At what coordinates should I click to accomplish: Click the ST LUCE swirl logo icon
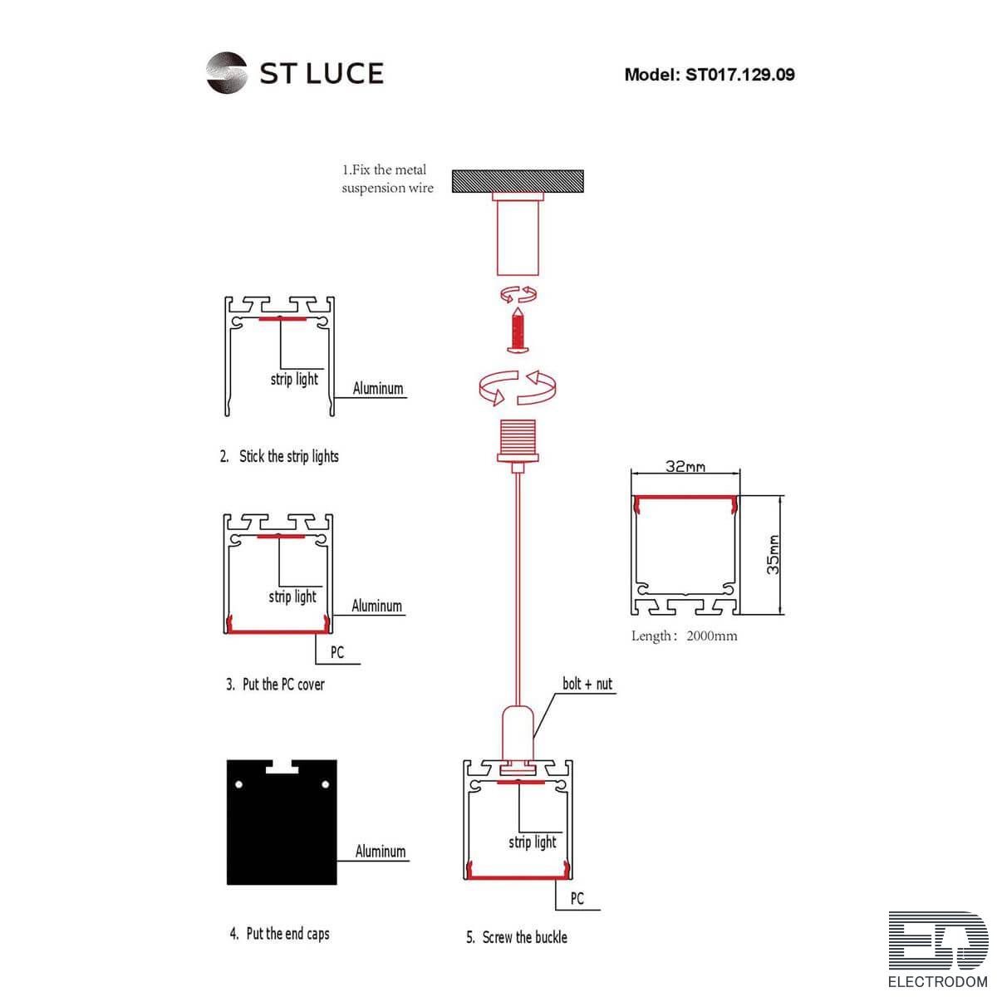(226, 73)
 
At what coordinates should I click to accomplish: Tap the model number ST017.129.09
(740, 75)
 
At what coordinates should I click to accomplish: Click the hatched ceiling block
(518, 181)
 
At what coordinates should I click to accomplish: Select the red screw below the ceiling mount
(518, 330)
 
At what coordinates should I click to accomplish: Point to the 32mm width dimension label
(685, 466)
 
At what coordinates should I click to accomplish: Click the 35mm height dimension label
(773, 555)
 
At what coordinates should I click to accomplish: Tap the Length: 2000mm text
(684, 636)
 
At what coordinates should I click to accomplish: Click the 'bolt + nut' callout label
(587, 684)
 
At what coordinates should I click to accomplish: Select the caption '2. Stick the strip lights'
(279, 456)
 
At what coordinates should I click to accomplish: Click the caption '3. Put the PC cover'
(275, 684)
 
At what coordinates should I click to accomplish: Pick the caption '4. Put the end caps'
(279, 933)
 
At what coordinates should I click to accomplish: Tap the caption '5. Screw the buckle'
(516, 937)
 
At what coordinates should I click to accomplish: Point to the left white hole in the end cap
(239, 784)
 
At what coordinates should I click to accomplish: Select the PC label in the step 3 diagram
(336, 652)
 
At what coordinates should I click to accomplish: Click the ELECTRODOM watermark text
(937, 981)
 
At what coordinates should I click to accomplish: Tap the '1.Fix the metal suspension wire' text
(387, 179)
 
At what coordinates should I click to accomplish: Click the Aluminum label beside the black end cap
(381, 851)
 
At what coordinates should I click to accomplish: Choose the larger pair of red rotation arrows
(518, 387)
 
